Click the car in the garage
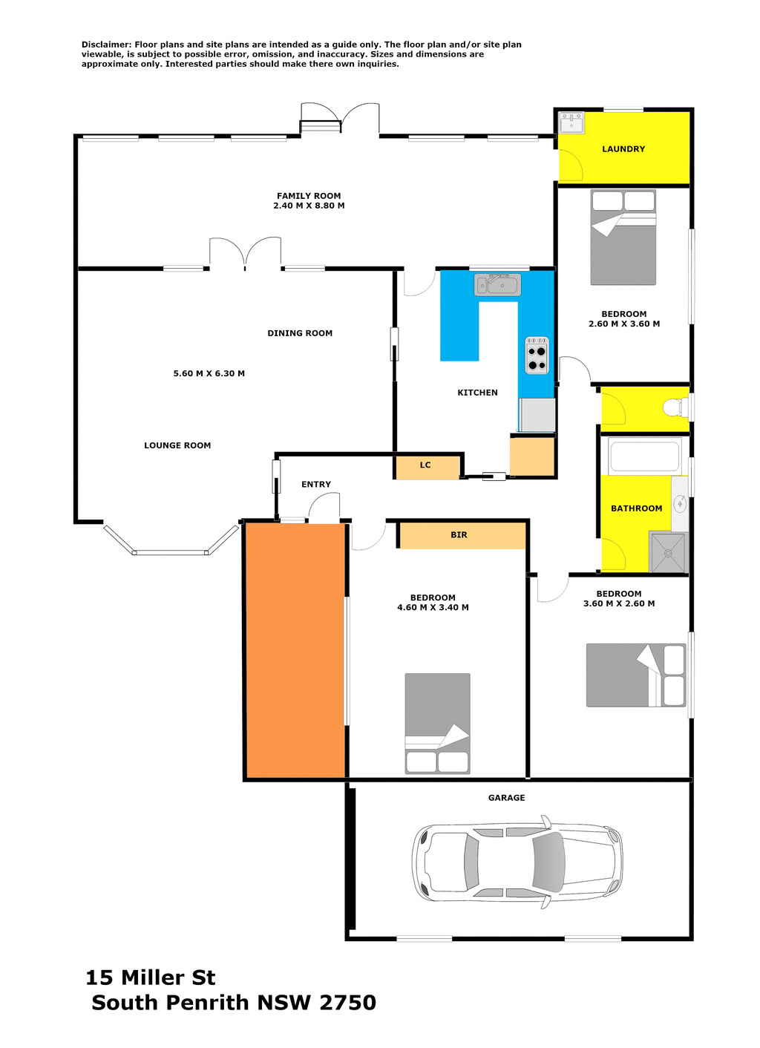point(517,862)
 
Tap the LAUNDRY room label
point(623,149)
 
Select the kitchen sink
point(498,284)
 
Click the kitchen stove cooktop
point(537,356)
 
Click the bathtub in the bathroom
point(644,456)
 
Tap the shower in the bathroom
point(669,552)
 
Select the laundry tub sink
point(571,122)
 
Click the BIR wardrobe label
point(459,535)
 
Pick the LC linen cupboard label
point(425,465)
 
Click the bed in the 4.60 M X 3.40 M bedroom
point(437,724)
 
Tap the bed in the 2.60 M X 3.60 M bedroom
point(623,238)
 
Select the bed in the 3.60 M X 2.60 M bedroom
point(636,675)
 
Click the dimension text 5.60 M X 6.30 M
point(209,373)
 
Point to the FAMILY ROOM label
point(309,196)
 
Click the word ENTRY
point(316,485)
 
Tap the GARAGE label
point(506,798)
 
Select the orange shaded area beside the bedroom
point(295,650)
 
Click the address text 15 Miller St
point(151,977)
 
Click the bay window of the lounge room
point(171,551)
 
